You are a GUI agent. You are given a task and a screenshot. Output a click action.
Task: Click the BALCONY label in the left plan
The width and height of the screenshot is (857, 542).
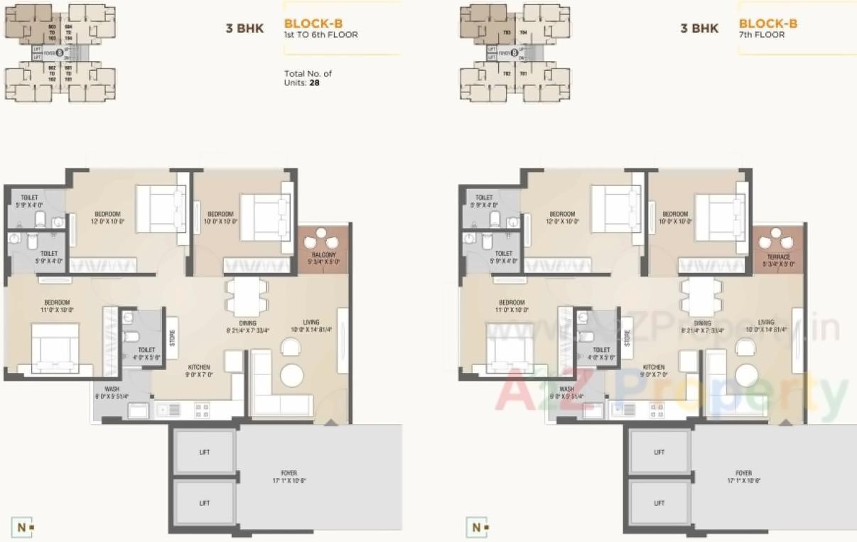323,255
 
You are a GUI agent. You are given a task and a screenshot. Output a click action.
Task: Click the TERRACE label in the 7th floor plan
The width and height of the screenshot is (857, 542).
778,256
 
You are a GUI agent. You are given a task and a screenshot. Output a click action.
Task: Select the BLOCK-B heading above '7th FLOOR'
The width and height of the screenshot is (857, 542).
767,23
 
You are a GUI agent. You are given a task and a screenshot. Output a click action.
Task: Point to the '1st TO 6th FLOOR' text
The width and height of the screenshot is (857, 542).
320,34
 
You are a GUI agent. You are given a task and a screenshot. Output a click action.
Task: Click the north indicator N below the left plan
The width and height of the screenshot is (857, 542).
22,527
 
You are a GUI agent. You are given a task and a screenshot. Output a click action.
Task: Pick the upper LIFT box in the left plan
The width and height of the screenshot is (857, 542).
205,452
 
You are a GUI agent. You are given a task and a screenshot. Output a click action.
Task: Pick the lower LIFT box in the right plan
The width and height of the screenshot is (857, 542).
659,503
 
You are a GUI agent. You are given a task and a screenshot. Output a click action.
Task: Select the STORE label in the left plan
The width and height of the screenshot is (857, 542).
171,330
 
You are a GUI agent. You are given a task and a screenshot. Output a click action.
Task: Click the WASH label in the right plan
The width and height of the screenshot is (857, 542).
566,389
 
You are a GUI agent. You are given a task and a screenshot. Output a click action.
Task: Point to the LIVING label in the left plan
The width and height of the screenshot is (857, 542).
311,322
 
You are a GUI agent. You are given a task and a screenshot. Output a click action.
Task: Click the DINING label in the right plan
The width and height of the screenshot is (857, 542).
702,323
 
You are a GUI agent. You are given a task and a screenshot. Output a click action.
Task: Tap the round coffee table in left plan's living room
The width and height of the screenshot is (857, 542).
291,374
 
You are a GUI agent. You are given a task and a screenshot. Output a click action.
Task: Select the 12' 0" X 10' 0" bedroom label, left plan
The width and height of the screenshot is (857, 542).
107,217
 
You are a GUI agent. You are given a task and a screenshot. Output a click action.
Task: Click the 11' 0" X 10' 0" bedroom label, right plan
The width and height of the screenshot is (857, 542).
512,305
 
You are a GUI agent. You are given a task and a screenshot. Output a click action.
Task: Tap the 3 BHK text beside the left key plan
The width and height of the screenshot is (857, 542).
244,29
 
